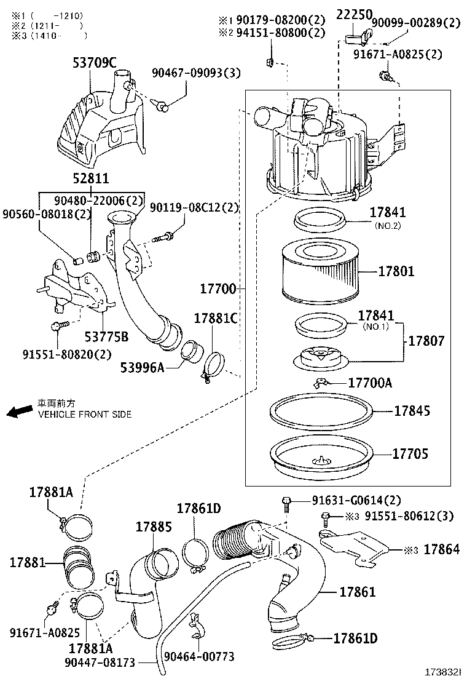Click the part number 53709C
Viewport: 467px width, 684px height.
pyautogui.click(x=94, y=62)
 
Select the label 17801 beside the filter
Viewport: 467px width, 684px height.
pyautogui.click(x=396, y=271)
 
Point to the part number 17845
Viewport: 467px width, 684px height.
pyautogui.click(x=412, y=410)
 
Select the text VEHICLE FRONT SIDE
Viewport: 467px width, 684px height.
pyautogui.click(x=85, y=415)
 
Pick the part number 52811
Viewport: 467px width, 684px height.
pyautogui.click(x=91, y=179)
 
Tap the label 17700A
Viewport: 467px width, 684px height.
pyautogui.click(x=370, y=383)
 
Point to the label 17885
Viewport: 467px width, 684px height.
pyautogui.click(x=154, y=527)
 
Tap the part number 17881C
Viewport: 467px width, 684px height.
pyautogui.click(x=216, y=318)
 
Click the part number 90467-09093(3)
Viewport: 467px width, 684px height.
pyautogui.click(x=197, y=74)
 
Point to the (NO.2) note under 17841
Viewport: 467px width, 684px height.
pyautogui.click(x=388, y=226)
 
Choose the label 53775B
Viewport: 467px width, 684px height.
pyautogui.click(x=107, y=336)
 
